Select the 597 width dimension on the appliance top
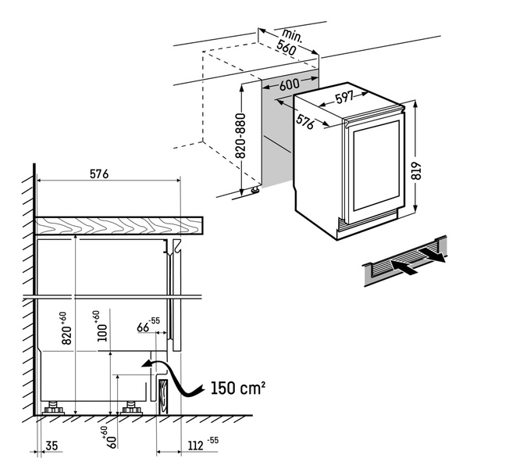344,99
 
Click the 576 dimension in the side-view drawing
98,174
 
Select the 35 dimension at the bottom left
52,446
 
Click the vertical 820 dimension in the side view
67,328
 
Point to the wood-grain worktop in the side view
117,225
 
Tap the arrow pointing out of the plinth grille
432,254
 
